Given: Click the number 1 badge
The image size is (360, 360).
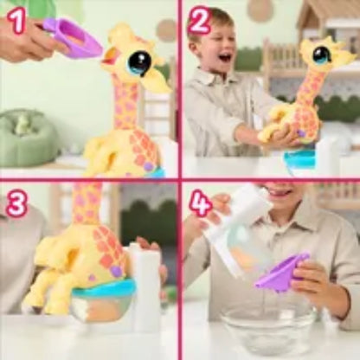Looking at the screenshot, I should coord(16,20).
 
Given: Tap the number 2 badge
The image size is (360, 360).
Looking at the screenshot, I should coord(199,21).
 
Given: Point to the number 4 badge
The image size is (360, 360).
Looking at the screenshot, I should coord(200,204).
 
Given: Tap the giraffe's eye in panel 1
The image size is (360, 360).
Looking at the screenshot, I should coord(138,61).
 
